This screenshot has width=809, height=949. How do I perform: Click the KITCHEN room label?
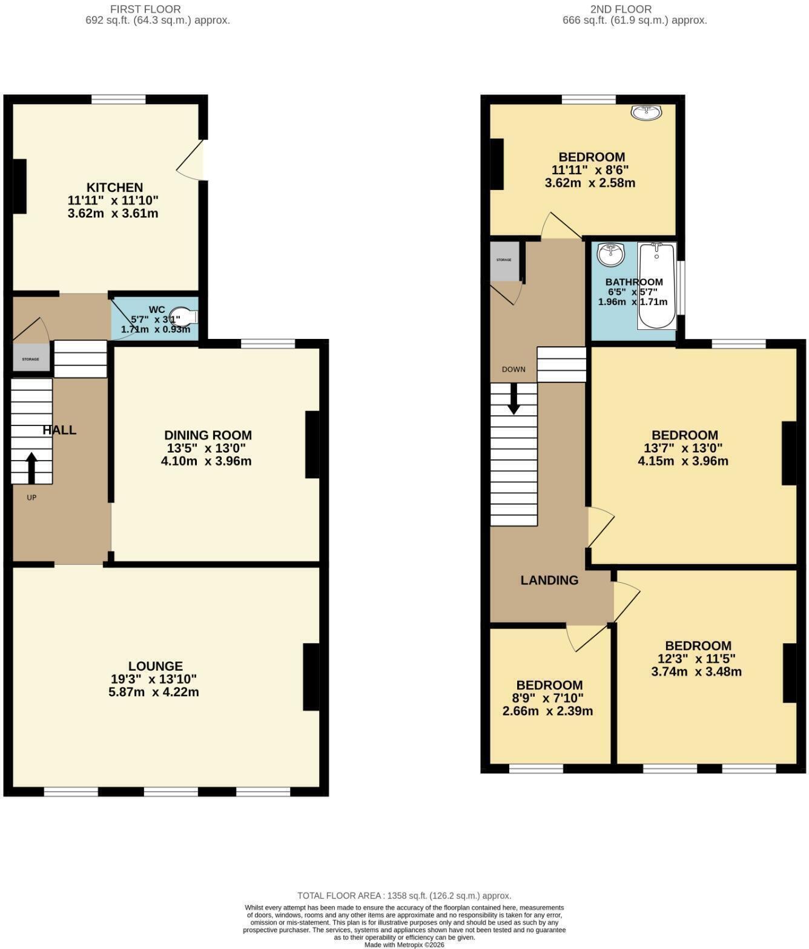click(114, 188)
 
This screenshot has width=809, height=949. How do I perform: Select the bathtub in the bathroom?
click(656, 285)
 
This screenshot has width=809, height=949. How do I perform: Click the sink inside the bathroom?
click(610, 254)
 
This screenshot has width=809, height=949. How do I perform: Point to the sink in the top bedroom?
click(646, 112)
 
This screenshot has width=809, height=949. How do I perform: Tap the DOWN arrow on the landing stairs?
click(513, 399)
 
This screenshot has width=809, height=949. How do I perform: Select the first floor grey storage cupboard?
click(31, 358)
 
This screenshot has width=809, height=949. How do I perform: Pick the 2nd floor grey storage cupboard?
click(504, 261)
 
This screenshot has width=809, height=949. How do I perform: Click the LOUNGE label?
click(155, 666)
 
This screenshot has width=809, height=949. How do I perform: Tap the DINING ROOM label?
click(208, 435)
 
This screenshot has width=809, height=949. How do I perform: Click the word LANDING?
click(549, 580)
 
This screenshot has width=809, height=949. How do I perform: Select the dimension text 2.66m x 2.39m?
click(547, 711)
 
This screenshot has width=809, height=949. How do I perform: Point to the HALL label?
click(59, 430)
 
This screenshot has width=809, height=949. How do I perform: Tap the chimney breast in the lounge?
click(311, 676)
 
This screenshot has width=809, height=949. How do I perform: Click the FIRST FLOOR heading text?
click(145, 9)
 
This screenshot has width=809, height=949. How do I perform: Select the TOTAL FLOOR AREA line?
click(404, 895)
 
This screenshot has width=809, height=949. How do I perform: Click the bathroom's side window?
click(681, 287)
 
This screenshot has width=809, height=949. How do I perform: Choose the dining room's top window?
click(268, 344)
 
